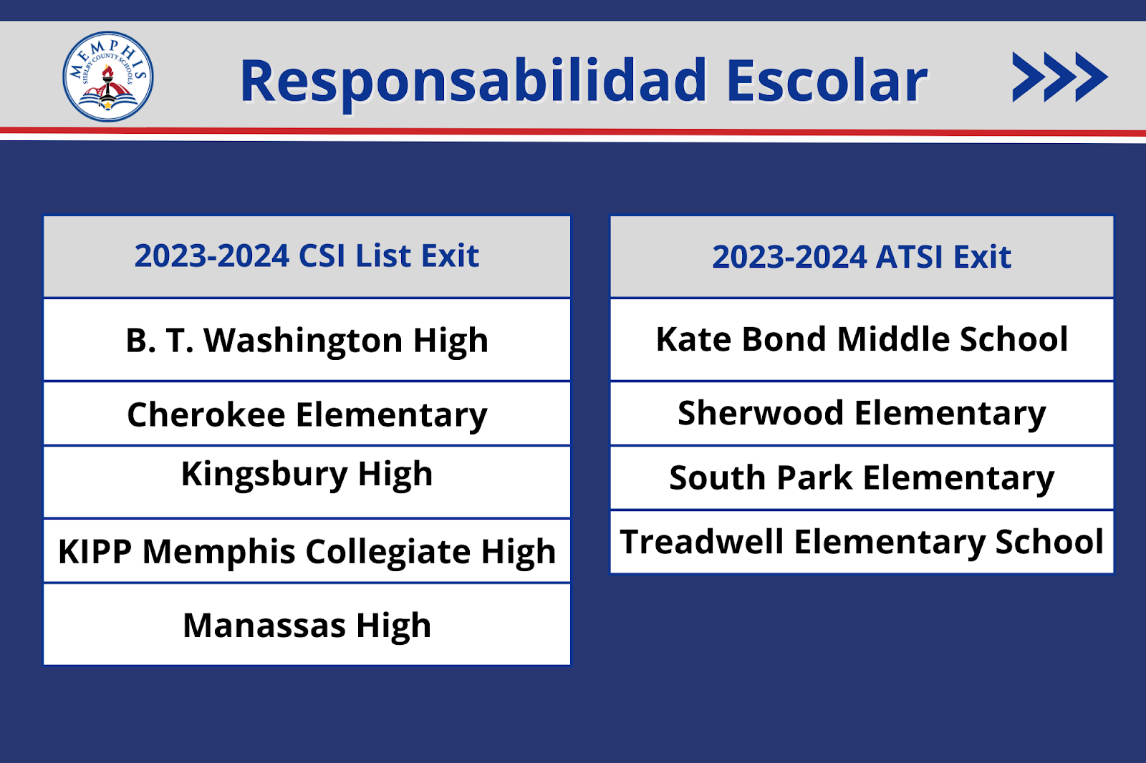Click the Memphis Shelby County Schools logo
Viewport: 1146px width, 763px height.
click(108, 77)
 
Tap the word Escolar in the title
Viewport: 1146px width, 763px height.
click(827, 80)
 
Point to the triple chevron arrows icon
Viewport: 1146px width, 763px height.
click(1060, 77)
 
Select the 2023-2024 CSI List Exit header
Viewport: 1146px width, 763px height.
click(307, 257)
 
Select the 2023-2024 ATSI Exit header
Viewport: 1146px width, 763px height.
click(862, 257)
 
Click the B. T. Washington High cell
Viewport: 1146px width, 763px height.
click(307, 340)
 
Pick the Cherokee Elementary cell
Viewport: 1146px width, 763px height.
click(307, 414)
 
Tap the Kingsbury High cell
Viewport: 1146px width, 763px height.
click(307, 482)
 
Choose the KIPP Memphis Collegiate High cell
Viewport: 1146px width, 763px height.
click(307, 550)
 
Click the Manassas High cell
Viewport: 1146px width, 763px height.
click(307, 624)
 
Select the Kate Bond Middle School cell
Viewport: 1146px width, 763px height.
click(862, 340)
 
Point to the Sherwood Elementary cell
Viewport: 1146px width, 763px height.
click(862, 414)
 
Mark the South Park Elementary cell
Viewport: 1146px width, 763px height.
click(862, 478)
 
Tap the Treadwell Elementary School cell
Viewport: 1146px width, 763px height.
click(862, 542)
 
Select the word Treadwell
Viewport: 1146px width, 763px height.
click(701, 541)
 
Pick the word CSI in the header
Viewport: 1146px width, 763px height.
click(322, 256)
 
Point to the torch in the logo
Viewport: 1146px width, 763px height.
click(107, 82)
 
